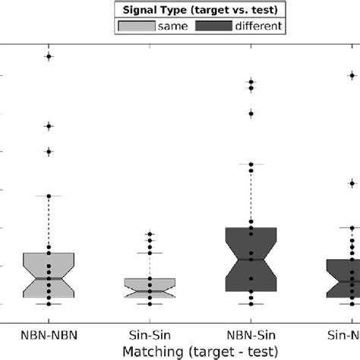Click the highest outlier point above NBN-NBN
(49, 56)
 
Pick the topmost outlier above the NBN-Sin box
(251, 81)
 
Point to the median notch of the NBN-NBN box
(49, 278)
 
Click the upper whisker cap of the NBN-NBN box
(49, 196)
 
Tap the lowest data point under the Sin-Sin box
(150, 304)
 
